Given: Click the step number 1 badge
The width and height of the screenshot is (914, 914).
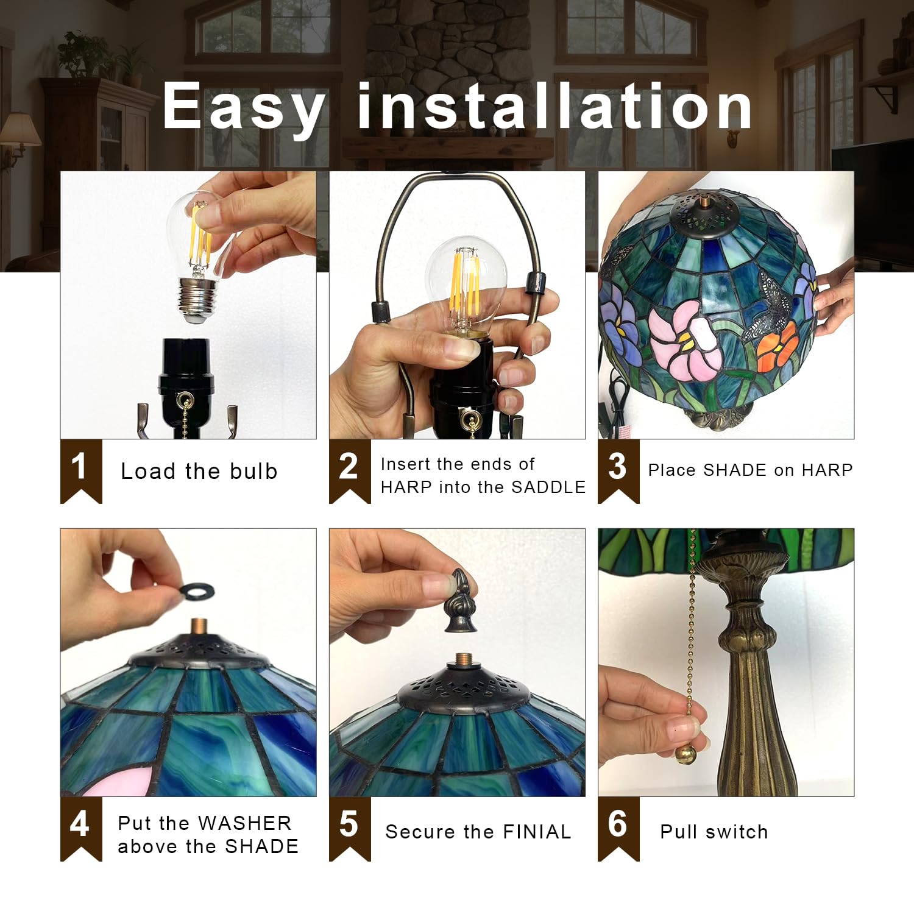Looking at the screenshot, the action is (x=81, y=470).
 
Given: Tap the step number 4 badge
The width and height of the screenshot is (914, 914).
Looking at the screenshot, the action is (x=81, y=827).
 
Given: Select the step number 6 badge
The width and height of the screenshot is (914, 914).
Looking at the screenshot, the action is (x=618, y=827).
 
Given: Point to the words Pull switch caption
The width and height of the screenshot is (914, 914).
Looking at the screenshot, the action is (x=714, y=832).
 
